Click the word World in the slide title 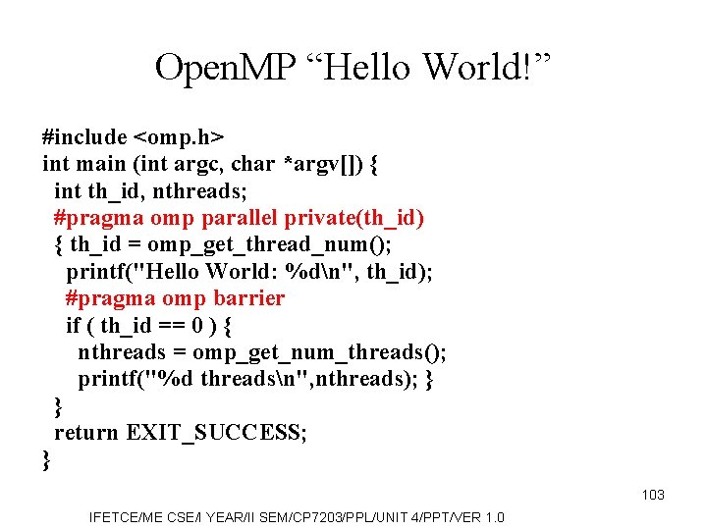(476, 67)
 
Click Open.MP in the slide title (223, 67)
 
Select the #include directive (84, 137)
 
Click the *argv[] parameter (324, 164)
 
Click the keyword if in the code (73, 325)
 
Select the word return (87, 432)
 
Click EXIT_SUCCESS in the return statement (216, 432)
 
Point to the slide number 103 (653, 495)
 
